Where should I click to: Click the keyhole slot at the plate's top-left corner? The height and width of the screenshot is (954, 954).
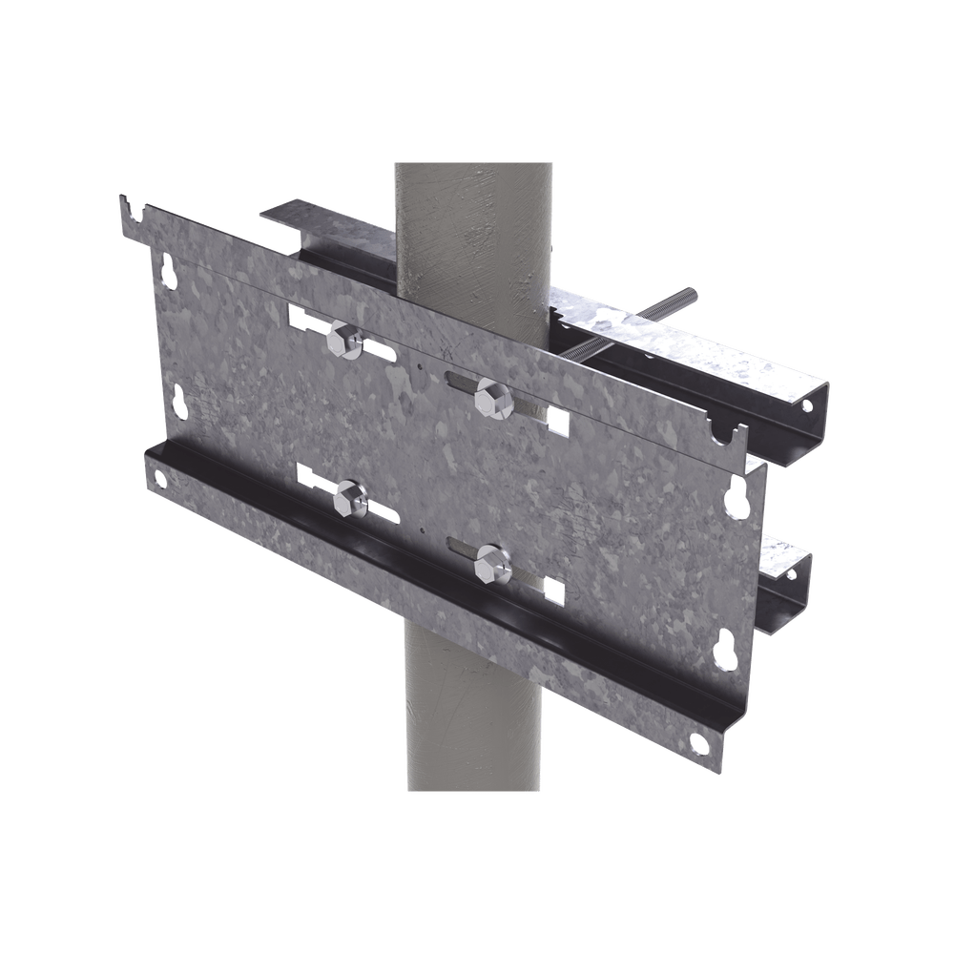pos(170,271)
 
